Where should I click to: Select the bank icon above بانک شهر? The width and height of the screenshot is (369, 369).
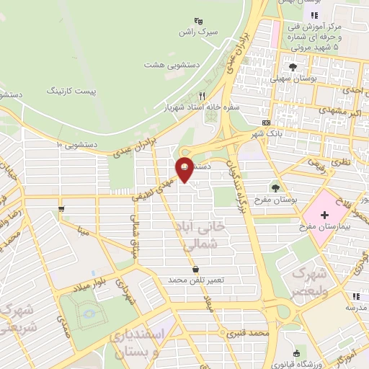[266, 123]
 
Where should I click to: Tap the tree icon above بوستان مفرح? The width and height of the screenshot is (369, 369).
[276, 187]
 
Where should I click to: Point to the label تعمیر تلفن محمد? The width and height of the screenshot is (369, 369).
[197, 279]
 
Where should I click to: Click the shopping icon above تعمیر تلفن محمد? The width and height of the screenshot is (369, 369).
[196, 269]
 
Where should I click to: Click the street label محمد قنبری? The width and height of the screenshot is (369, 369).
[247, 334]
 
